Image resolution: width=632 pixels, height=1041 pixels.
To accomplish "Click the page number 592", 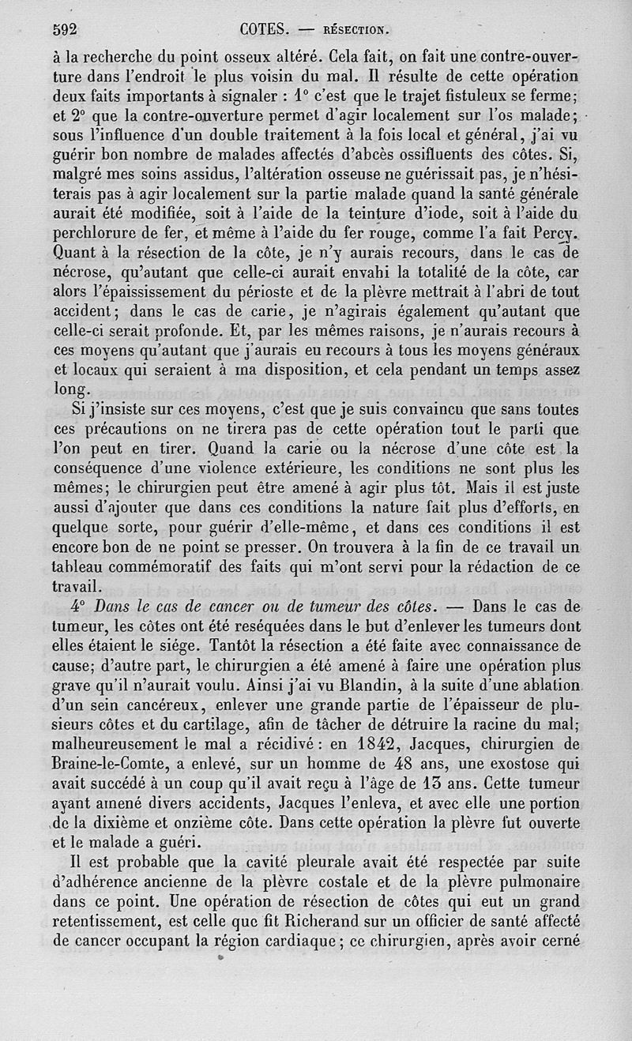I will pos(64,30).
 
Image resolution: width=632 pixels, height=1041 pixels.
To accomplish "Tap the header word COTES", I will pos(262,30).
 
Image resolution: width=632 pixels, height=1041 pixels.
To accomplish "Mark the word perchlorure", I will pos(94,235).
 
